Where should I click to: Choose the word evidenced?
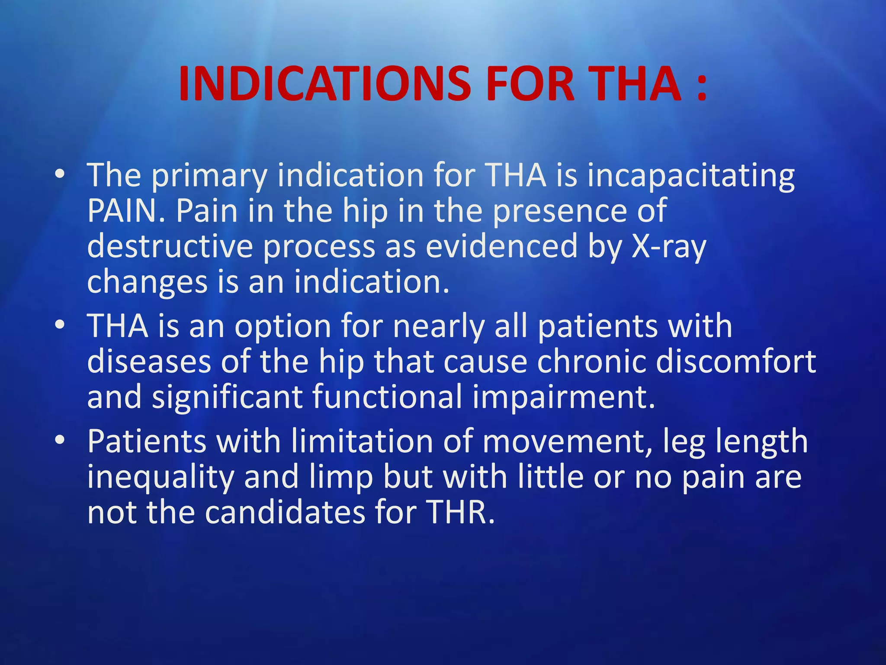point(502,246)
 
